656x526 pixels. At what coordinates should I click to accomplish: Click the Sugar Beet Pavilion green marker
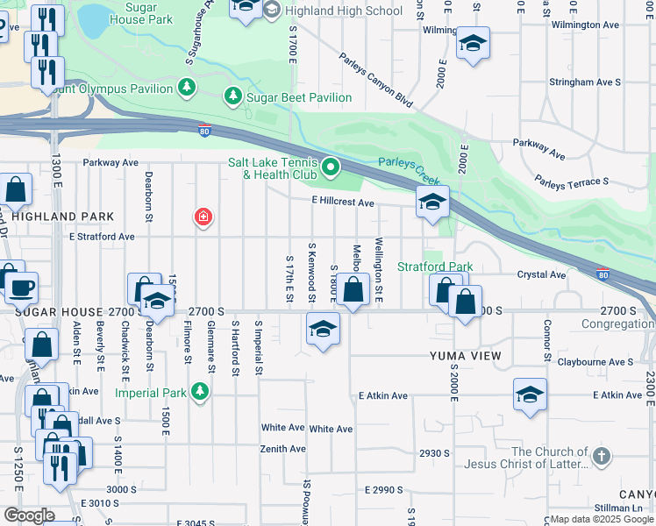tap(234, 96)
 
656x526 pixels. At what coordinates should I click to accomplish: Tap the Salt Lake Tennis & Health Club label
tap(273, 167)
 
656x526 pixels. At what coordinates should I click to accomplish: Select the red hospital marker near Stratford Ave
tap(203, 217)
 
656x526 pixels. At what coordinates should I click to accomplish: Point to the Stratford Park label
tap(435, 267)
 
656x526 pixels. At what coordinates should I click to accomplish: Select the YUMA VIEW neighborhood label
tap(465, 355)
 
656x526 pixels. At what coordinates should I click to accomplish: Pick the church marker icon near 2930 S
tap(601, 456)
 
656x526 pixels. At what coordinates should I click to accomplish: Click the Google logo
tap(28, 515)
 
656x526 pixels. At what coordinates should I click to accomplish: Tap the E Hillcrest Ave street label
tap(343, 203)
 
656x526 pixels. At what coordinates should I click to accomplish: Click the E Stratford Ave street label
tap(102, 237)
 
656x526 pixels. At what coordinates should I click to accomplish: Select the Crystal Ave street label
tap(541, 274)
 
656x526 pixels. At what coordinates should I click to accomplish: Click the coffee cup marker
tap(22, 287)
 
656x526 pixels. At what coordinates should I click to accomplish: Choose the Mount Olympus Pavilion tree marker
tap(186, 87)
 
